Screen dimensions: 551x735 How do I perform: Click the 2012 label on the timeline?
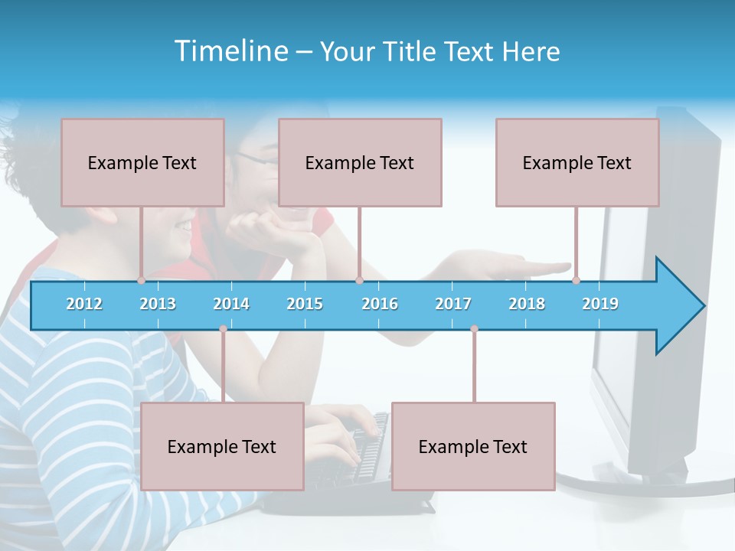tap(84, 304)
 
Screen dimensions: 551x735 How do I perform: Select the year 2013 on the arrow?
tap(158, 304)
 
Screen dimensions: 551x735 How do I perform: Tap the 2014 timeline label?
tap(231, 304)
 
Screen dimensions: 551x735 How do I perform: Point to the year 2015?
tap(305, 304)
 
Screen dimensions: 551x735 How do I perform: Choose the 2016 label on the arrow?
tap(380, 304)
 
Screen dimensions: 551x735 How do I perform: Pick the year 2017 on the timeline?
tap(453, 304)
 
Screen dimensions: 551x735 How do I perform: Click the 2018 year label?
tap(527, 304)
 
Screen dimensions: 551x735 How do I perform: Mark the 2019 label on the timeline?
tap(600, 304)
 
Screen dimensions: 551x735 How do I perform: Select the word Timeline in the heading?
tap(230, 51)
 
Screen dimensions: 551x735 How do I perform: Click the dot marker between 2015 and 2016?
tap(359, 281)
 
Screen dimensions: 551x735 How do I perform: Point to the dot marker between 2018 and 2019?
tap(576, 281)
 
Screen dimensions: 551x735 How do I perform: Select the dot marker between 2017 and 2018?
tap(474, 329)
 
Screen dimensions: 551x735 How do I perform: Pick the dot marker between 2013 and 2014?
tap(223, 329)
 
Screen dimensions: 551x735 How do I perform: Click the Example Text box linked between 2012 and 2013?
tap(142, 162)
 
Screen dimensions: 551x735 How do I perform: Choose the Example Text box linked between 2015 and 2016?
tap(360, 162)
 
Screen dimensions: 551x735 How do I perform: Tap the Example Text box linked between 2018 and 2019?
tap(577, 162)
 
